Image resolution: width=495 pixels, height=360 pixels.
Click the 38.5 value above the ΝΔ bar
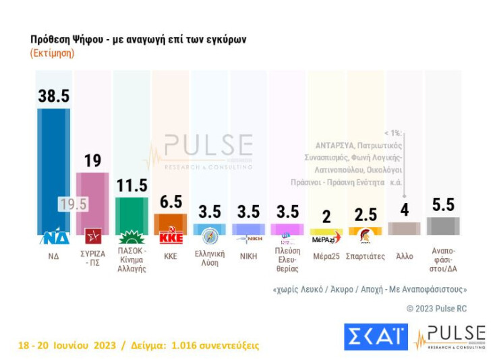point(53,96)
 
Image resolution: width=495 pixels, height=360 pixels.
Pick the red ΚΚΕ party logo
point(171,237)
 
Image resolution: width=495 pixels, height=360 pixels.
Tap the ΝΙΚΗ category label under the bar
point(248,256)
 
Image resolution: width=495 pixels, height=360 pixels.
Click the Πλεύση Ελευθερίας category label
point(287,260)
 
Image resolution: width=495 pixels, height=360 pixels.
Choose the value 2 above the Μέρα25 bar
point(326,216)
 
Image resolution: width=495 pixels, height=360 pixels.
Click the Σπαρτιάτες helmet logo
point(365,237)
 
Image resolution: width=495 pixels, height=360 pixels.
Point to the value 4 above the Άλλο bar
point(404,210)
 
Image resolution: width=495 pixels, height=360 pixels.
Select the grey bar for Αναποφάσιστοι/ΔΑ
point(443,226)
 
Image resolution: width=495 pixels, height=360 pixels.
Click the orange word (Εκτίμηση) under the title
point(52,53)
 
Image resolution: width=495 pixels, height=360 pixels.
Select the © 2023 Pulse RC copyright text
point(436,308)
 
